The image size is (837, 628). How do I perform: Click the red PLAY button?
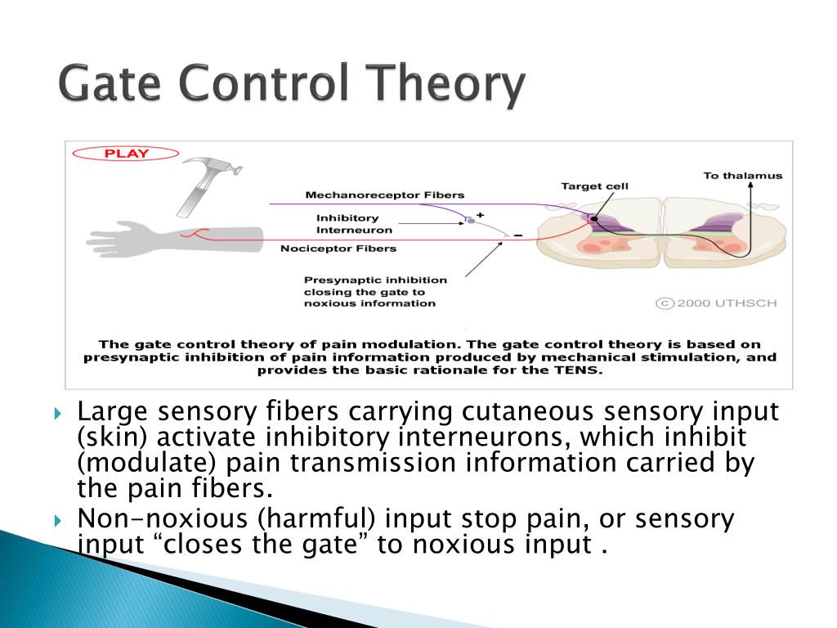(125, 153)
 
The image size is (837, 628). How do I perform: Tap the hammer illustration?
(204, 185)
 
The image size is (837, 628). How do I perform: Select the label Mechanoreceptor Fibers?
(384, 195)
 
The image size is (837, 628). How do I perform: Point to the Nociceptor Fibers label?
(338, 248)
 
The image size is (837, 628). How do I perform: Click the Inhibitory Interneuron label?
(347, 224)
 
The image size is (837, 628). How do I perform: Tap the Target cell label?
(594, 186)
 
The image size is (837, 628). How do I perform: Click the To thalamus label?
(743, 175)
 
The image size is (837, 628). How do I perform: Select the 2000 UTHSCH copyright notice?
(717, 303)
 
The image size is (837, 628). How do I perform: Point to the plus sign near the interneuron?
(481, 214)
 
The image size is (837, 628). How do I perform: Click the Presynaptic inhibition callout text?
(369, 290)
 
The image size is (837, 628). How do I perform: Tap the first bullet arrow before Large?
(58, 411)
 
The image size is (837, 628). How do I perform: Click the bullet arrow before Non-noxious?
(58, 519)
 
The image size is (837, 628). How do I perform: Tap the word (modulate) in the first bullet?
(147, 463)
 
